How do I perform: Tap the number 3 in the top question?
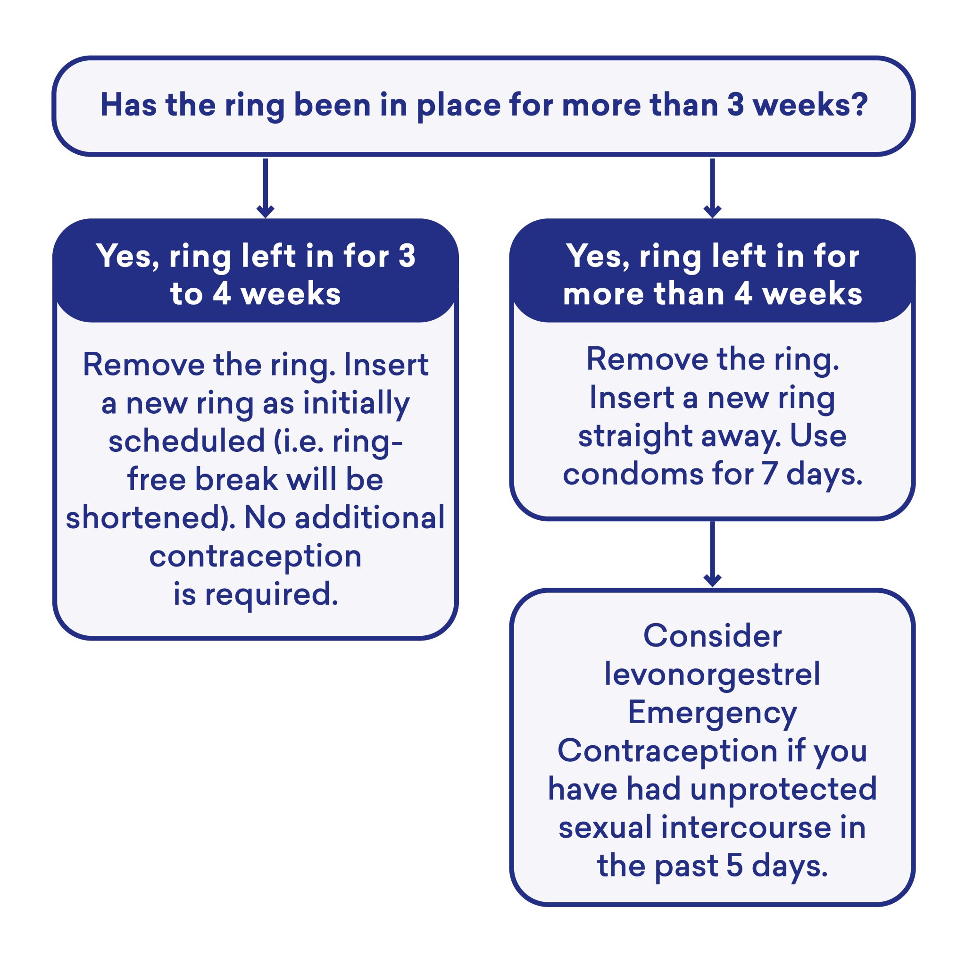pos(735,105)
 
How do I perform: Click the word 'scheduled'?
pos(186,442)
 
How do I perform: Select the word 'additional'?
pos(369,518)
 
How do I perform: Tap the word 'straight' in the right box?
pos(635,436)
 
